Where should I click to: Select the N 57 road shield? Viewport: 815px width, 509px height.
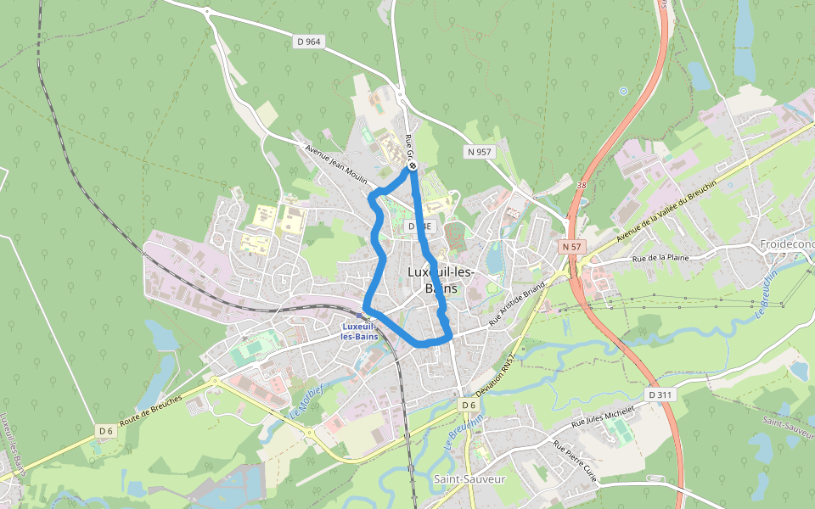click(x=571, y=246)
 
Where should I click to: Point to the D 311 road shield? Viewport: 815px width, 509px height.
click(x=660, y=394)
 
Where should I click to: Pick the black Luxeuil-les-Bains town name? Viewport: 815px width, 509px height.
click(x=441, y=280)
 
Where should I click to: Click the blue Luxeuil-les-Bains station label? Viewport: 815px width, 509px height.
click(x=359, y=331)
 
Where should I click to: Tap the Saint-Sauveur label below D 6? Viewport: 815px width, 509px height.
click(x=469, y=479)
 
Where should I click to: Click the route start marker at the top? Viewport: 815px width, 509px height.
click(x=412, y=166)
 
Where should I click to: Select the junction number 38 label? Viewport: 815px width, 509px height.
click(x=581, y=184)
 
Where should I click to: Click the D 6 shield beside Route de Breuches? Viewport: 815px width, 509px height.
click(x=105, y=431)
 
